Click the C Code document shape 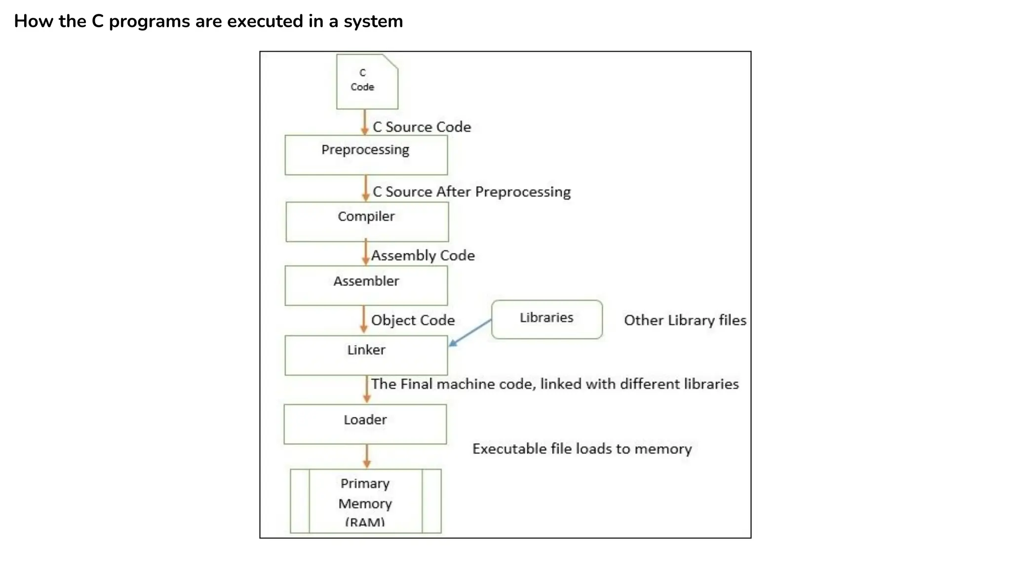(x=367, y=81)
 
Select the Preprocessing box (x=366, y=155)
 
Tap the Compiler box (x=367, y=221)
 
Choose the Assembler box (x=366, y=285)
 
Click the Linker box (x=366, y=355)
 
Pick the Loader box (x=365, y=424)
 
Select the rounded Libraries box (x=546, y=319)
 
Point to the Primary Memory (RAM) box (x=365, y=501)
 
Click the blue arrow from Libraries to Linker (x=470, y=332)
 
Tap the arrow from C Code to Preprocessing (x=365, y=122)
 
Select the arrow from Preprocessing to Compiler (x=366, y=188)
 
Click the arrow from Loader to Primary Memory (x=367, y=456)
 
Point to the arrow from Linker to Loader (x=367, y=389)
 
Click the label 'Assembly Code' (x=423, y=255)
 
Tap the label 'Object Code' (x=413, y=320)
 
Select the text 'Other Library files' (x=685, y=320)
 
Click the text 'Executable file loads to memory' (x=582, y=448)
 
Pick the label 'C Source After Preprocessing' (x=471, y=192)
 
